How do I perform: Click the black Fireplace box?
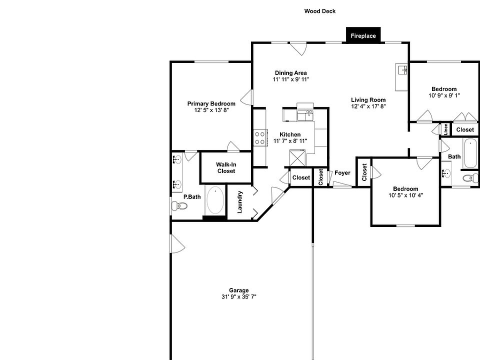[x=363, y=35]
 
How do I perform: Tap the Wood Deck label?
[x=320, y=11]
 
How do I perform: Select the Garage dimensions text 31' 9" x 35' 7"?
[x=239, y=296]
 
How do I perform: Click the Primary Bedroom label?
[x=211, y=103]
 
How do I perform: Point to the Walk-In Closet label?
[x=226, y=167]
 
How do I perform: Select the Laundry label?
[x=240, y=202]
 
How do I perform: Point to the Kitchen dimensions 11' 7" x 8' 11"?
[x=290, y=141]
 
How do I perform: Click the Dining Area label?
[x=290, y=72]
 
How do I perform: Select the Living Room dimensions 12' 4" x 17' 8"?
[x=368, y=106]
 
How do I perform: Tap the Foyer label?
[x=342, y=173]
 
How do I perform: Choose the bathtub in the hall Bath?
[x=470, y=154]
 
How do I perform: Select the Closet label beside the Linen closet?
[x=465, y=129]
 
